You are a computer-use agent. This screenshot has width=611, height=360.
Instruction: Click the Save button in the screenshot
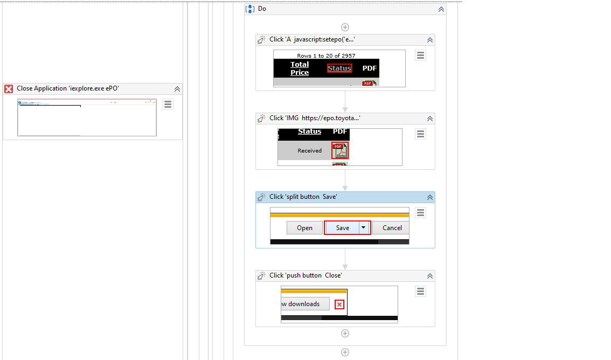click(x=343, y=228)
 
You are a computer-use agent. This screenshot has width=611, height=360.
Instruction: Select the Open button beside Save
click(x=304, y=228)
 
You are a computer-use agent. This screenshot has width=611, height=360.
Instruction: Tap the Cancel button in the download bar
click(x=392, y=228)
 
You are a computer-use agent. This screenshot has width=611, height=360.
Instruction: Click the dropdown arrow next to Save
click(x=364, y=228)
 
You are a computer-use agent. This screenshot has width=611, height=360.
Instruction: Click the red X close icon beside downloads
click(x=339, y=304)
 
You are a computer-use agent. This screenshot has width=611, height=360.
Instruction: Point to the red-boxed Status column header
click(x=339, y=68)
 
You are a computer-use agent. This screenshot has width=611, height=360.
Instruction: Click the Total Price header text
click(x=300, y=68)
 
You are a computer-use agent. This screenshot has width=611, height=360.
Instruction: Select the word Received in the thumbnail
click(x=310, y=151)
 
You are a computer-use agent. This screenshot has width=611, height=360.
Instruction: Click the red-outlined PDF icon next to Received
click(x=339, y=150)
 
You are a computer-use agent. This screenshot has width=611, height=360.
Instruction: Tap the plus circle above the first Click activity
click(x=345, y=27)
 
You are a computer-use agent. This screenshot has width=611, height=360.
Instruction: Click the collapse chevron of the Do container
click(x=441, y=9)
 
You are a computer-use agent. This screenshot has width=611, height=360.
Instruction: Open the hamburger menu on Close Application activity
click(x=168, y=105)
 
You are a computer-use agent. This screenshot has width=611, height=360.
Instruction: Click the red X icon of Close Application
click(x=9, y=89)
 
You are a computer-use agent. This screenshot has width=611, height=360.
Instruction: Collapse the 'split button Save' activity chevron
click(x=430, y=197)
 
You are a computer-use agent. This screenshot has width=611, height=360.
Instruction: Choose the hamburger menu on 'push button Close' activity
click(x=421, y=292)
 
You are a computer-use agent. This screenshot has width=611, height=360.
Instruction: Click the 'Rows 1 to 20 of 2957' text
click(x=326, y=56)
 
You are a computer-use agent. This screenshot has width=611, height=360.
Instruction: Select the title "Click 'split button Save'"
click(x=303, y=197)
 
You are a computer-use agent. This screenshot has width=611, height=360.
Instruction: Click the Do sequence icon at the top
click(x=250, y=9)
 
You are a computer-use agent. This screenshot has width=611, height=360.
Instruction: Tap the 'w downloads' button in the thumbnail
click(x=305, y=304)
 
